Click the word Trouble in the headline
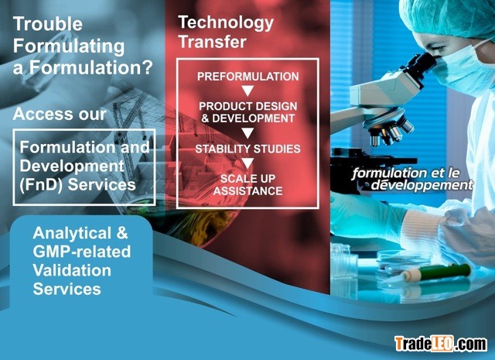click(48, 24)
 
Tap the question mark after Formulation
click(146, 67)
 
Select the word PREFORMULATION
click(247, 77)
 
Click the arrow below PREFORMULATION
click(247, 91)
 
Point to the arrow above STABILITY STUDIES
click(247, 133)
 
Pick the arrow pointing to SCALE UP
click(247, 163)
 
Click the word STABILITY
click(218, 149)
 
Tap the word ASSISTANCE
click(247, 191)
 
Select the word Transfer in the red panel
click(212, 42)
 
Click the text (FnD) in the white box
click(42, 185)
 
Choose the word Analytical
click(72, 233)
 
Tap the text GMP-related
click(82, 252)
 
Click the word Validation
click(72, 270)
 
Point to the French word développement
click(422, 185)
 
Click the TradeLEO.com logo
click(441, 344)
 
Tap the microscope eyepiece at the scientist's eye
click(422, 64)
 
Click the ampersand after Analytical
click(122, 233)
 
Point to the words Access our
click(60, 114)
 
